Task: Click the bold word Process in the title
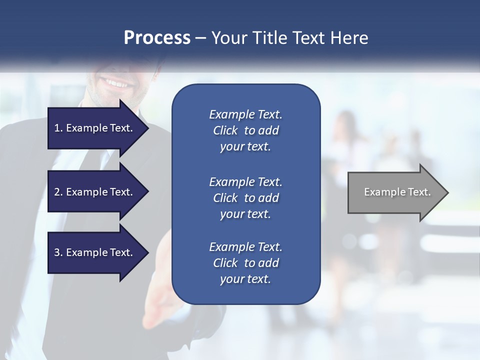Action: pos(157,38)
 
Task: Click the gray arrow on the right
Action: pos(395,192)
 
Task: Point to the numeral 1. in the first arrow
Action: pos(58,128)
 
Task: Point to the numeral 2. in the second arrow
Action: pos(58,192)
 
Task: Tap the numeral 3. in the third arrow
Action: pos(58,252)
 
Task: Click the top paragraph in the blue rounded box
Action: pos(245,130)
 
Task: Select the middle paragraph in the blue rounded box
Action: pos(245,198)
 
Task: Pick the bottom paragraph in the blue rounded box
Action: pos(245,263)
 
